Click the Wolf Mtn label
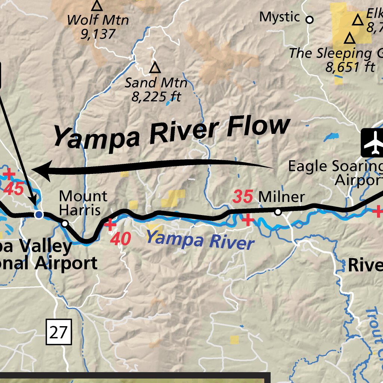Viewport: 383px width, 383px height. [x=98, y=20]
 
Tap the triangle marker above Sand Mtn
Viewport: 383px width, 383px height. [x=155, y=68]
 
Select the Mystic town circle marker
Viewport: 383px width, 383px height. [x=309, y=19]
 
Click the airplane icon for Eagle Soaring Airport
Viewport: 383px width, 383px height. [x=374, y=143]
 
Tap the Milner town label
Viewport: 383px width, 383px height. [x=281, y=197]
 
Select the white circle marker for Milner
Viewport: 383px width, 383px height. [x=278, y=212]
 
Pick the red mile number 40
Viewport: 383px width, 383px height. [x=120, y=239]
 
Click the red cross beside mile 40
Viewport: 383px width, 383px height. [x=110, y=224]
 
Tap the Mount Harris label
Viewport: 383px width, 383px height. [x=83, y=203]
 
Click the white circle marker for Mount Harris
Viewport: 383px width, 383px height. [x=65, y=224]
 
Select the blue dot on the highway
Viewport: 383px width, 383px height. [x=39, y=215]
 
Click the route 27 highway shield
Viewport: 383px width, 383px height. [x=58, y=332]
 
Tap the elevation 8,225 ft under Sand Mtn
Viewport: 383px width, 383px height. [x=156, y=97]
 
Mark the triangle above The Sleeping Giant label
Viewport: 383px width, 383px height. [x=350, y=38]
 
